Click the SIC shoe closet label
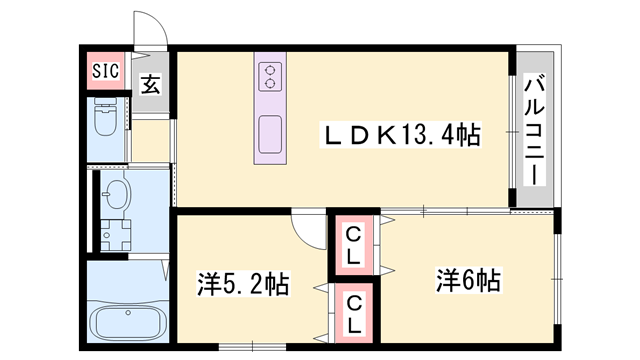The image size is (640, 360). pos(105,70)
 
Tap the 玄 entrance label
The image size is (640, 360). pos(149,84)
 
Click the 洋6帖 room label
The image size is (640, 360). pos(467,280)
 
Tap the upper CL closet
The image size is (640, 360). pos(354,244)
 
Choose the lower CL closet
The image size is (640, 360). pos(354,312)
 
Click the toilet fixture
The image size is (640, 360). pos(106,119)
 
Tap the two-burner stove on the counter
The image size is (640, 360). pos(270,77)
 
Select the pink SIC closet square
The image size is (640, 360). pos(105,70)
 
